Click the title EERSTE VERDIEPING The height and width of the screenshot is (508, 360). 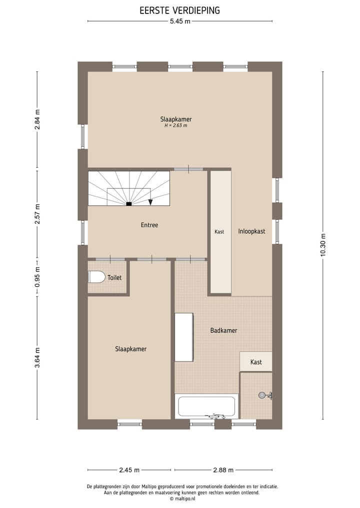(179, 10)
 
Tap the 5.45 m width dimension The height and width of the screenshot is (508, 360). (180, 21)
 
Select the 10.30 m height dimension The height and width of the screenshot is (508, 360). (323, 246)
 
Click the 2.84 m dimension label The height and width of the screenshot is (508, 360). (37, 120)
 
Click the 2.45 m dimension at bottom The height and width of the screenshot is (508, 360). (129, 470)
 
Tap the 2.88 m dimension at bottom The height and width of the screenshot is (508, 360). (223, 470)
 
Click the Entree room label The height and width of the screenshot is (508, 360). (149, 225)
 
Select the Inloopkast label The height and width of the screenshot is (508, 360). (251, 232)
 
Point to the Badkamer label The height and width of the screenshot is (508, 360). (223, 331)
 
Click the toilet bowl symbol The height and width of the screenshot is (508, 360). (96, 277)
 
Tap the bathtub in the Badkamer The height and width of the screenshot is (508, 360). (207, 407)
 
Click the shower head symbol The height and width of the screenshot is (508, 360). (262, 395)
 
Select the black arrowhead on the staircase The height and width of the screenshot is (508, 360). (150, 202)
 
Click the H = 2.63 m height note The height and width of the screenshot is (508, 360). (175, 126)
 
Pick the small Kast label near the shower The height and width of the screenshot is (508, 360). (256, 362)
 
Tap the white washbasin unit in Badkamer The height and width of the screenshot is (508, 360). (183, 337)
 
